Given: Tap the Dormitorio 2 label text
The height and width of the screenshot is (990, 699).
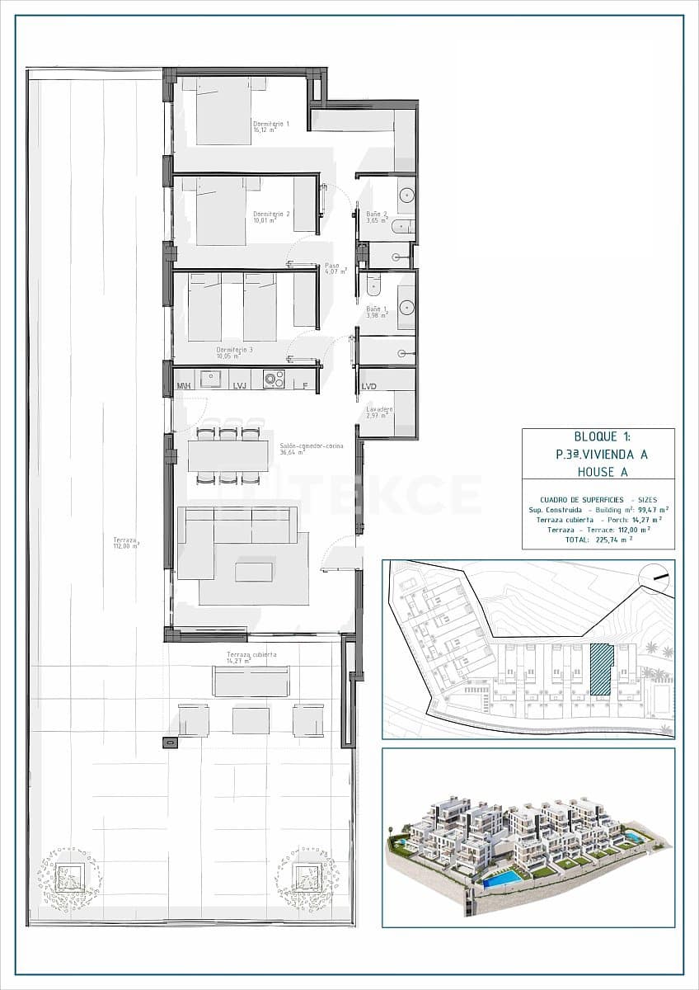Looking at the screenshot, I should pos(271,217).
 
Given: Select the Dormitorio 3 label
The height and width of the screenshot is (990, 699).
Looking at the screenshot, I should pos(235,352).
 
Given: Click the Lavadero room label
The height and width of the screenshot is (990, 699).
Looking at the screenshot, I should pos(379,412).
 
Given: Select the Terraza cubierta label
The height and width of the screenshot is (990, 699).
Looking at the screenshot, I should pos(251,658).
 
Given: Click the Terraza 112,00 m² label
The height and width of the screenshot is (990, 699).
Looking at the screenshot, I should pos(126,543).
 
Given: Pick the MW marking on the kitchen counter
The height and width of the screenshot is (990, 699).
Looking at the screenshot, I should pos(185,385).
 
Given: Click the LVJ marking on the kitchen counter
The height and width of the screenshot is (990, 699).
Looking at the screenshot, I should pos(240,385).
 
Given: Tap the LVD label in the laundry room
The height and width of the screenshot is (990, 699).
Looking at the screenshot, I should pos(368,386).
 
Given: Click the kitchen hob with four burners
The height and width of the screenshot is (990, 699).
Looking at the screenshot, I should pos(274,379).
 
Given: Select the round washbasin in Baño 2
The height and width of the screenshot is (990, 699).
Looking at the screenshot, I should pos(406,196).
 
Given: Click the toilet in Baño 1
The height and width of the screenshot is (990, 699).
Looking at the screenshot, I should pos(373,285).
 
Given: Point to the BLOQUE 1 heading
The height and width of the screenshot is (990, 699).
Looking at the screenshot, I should pos(598,437).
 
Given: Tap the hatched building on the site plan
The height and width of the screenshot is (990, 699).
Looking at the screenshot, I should pos(602,669).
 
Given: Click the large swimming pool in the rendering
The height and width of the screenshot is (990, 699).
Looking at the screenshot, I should pos(502,878).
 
